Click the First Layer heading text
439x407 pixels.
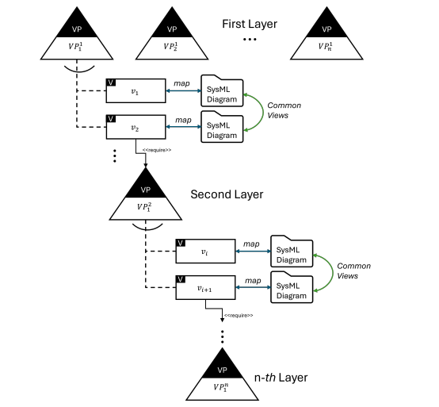pos(250,24)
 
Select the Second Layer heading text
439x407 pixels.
pos(227,194)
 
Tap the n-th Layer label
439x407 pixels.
pos(281,377)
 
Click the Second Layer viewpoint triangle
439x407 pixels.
pos(145,199)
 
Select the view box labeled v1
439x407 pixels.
pos(135,93)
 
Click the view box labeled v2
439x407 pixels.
pos(135,126)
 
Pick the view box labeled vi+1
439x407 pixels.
pos(205,288)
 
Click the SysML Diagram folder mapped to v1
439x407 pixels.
pos(222,94)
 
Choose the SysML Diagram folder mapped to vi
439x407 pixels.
pos(291,252)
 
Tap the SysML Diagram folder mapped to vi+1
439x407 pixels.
pos(291,288)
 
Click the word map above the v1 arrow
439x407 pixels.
pos(182,83)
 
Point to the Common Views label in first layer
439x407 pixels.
pos(284,110)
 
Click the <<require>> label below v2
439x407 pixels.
pos(156,148)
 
